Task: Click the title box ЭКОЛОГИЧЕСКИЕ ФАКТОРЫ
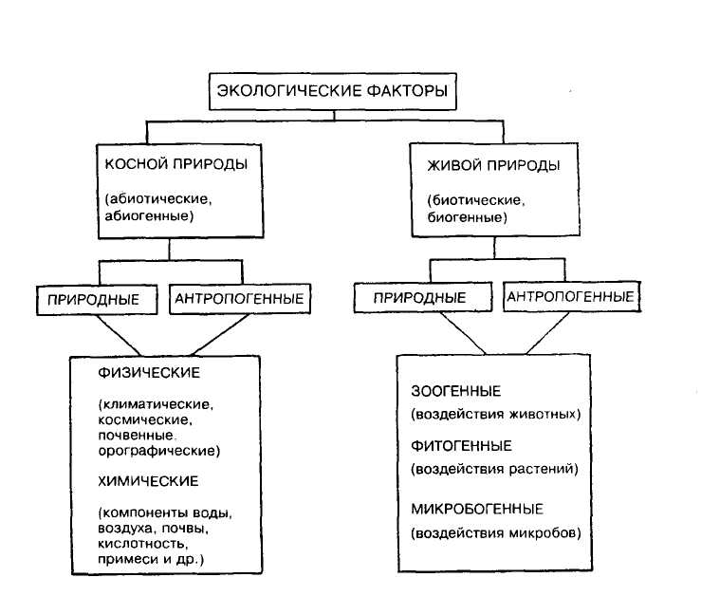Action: pyautogui.click(x=333, y=91)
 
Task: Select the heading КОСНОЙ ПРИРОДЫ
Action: pyautogui.click(x=176, y=164)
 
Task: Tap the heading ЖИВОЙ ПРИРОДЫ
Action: pyautogui.click(x=493, y=165)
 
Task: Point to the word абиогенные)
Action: pyautogui.click(x=149, y=216)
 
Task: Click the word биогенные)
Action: pyautogui.click(x=468, y=217)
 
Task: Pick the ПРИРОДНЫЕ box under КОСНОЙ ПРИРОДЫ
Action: pyautogui.click(x=97, y=300)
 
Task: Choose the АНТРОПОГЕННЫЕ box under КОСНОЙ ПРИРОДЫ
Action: pyautogui.click(x=240, y=298)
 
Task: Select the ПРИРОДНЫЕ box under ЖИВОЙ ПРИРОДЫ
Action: pyautogui.click(x=423, y=297)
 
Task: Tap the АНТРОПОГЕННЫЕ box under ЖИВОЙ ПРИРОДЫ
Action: pyautogui.click(x=572, y=296)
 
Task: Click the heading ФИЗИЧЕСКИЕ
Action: pyautogui.click(x=149, y=373)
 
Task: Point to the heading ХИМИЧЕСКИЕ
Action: pyautogui.click(x=148, y=481)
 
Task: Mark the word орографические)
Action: pyautogui.click(x=159, y=451)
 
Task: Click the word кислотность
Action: pyautogui.click(x=142, y=544)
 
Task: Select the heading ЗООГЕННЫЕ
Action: pyautogui.click(x=456, y=391)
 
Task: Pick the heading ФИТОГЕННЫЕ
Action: pyautogui.click(x=461, y=446)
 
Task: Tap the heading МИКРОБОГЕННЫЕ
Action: pyautogui.click(x=477, y=509)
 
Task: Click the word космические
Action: pyautogui.click(x=145, y=420)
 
